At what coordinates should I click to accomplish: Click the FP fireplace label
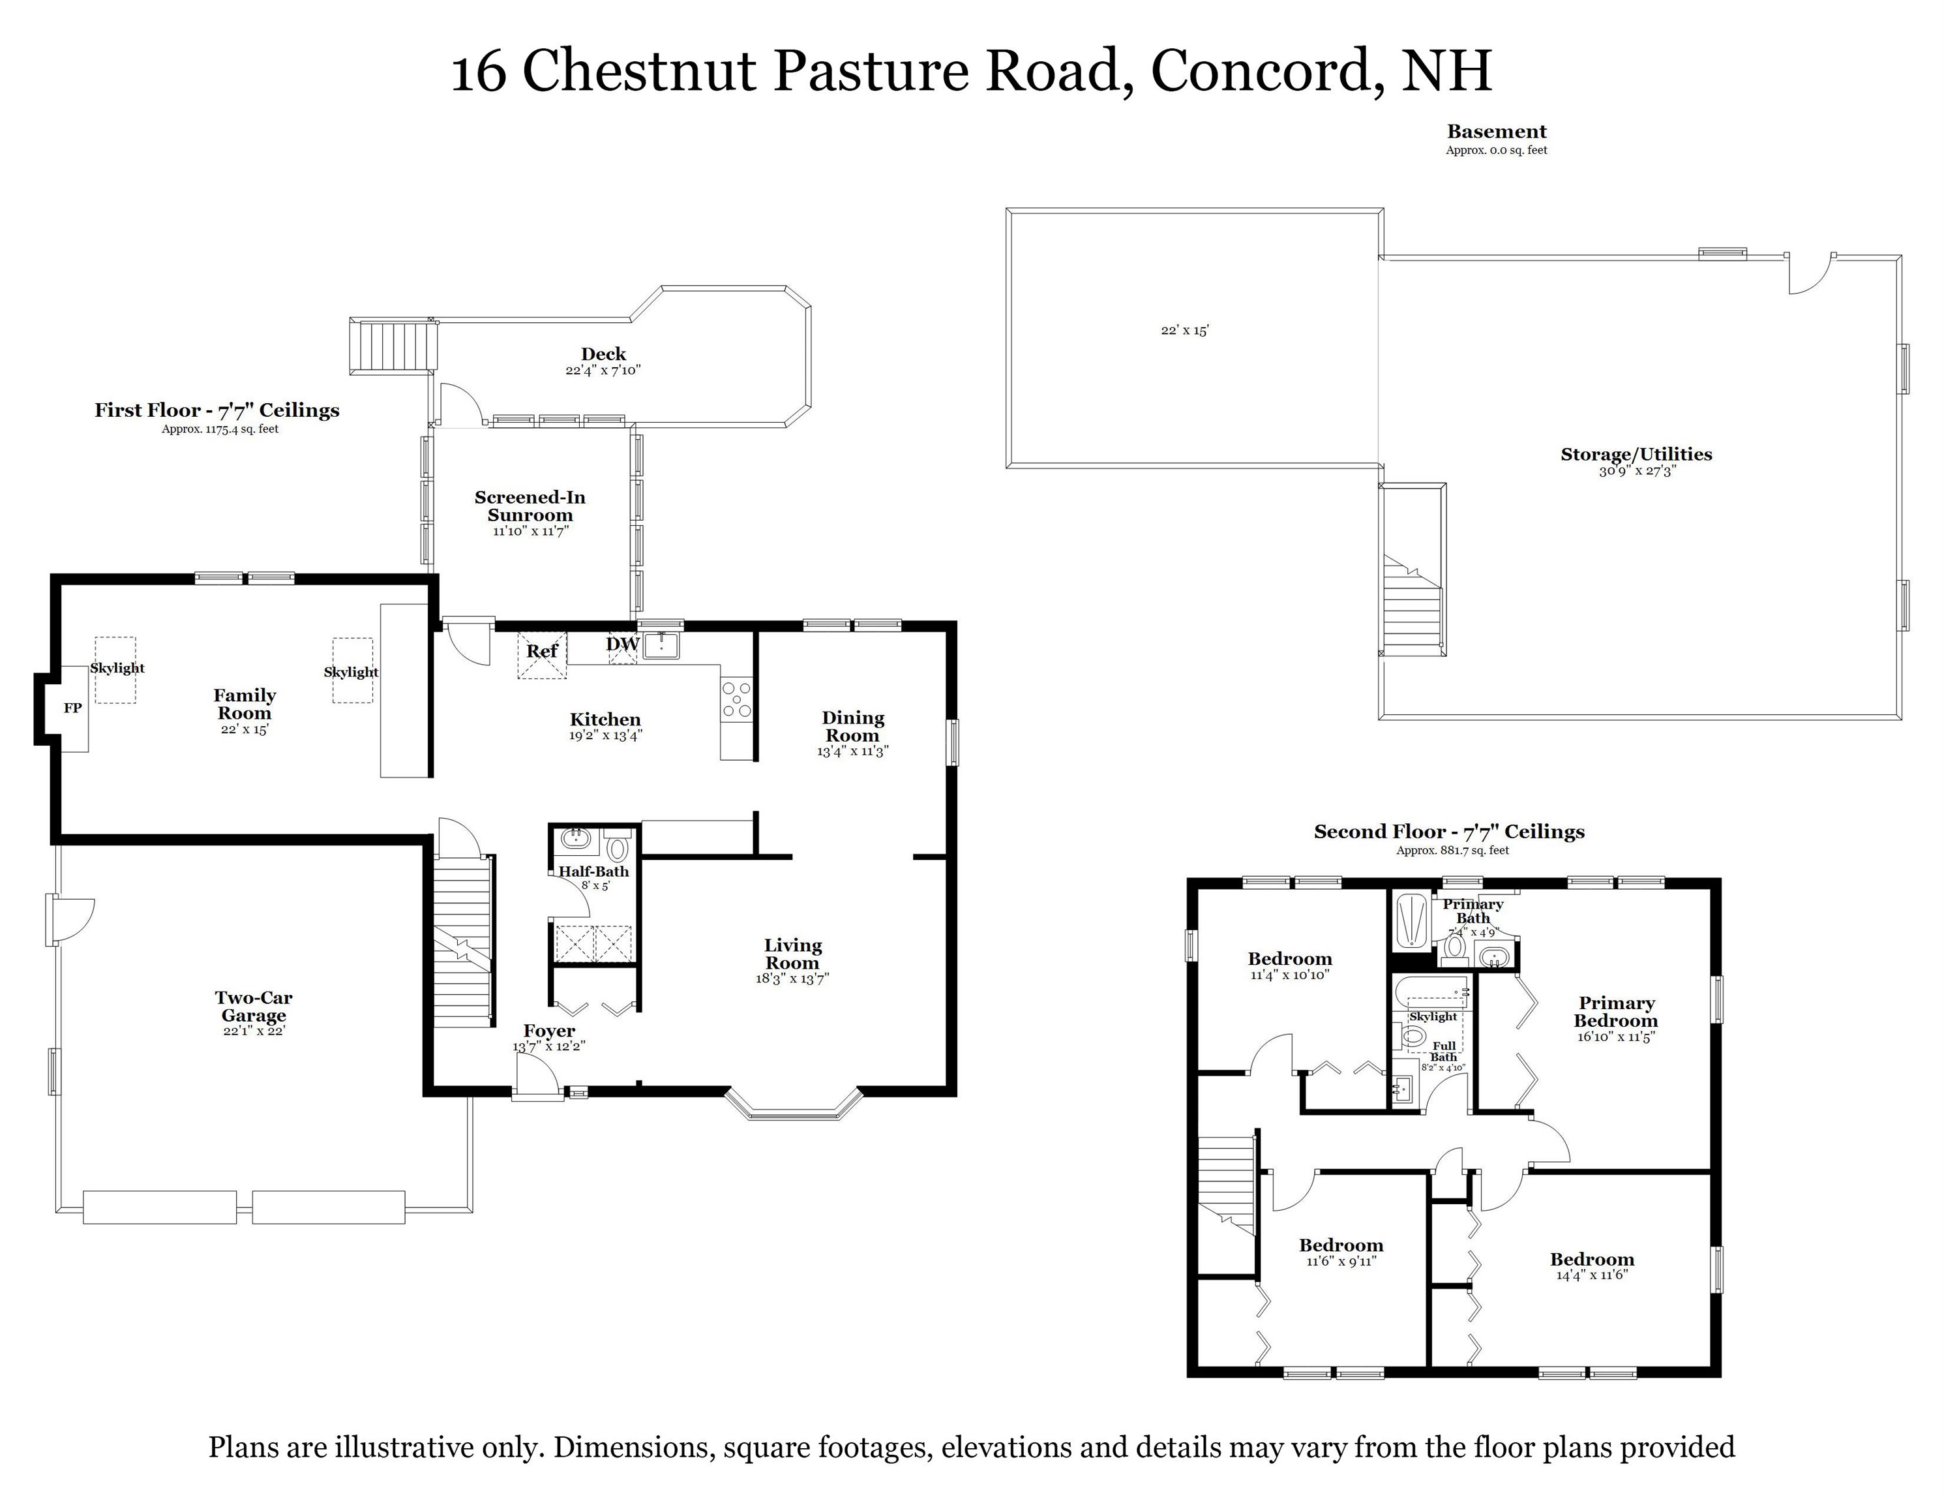coord(73,708)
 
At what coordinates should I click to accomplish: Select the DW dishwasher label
coord(623,645)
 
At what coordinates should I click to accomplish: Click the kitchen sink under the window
coord(661,646)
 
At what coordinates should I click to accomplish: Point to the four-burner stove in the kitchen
coord(736,699)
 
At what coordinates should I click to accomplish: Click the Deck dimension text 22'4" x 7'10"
coord(603,371)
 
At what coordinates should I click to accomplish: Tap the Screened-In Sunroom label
coord(530,507)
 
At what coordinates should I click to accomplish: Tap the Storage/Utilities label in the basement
coord(1636,454)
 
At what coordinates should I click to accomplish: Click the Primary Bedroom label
coord(1615,1012)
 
